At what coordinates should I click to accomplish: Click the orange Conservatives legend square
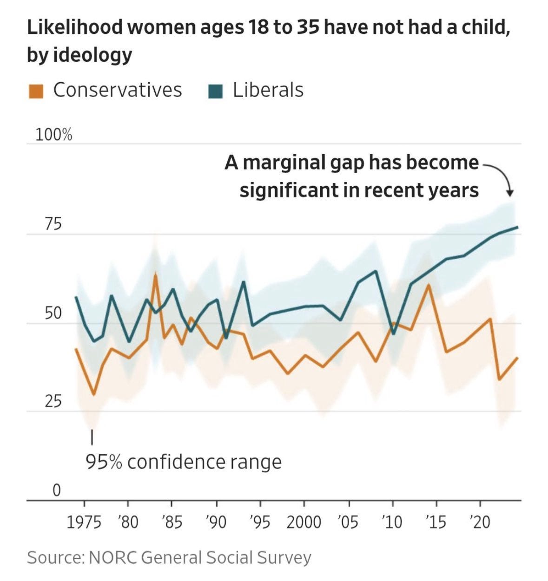36,91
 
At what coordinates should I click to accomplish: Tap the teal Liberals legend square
215,91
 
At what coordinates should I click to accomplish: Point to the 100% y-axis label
54,135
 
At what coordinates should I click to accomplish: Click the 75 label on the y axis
53,224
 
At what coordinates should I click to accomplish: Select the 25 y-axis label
53,401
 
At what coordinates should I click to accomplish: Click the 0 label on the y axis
56,490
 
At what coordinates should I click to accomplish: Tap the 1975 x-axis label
84,522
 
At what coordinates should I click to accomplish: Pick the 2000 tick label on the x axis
304,522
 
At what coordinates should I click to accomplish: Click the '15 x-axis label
436,522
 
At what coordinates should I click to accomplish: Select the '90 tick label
216,522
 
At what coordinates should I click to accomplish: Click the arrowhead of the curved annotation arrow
510,193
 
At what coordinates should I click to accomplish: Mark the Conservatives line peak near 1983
155,275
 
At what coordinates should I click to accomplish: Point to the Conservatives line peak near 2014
428,284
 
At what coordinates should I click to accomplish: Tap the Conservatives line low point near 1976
94,395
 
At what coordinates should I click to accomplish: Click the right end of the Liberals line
517,227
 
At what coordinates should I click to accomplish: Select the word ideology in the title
92,55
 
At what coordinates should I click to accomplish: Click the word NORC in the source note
113,557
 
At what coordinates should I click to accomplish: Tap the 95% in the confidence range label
104,462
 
